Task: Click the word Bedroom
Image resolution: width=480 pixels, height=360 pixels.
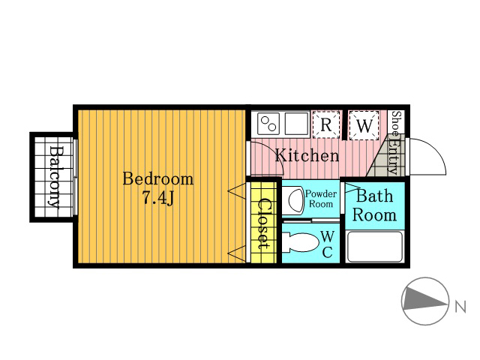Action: pyautogui.click(x=158, y=179)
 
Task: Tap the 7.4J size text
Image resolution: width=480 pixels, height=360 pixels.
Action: pyautogui.click(x=157, y=198)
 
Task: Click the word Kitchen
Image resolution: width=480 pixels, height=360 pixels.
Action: pyautogui.click(x=307, y=155)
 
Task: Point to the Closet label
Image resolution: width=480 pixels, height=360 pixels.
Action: pyautogui.click(x=263, y=223)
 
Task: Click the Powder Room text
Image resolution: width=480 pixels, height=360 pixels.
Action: pyautogui.click(x=321, y=199)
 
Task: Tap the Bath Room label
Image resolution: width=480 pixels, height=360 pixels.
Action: pyautogui.click(x=374, y=205)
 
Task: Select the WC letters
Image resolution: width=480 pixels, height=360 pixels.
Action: pyautogui.click(x=328, y=244)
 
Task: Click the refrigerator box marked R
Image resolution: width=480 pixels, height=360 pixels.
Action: pyautogui.click(x=326, y=125)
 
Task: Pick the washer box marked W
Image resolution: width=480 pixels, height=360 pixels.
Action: pyautogui.click(x=364, y=125)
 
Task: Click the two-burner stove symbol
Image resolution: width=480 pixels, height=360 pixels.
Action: pyautogui.click(x=268, y=124)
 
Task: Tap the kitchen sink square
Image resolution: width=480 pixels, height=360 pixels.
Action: pyautogui.click(x=296, y=124)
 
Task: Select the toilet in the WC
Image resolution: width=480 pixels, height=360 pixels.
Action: pyautogui.click(x=301, y=242)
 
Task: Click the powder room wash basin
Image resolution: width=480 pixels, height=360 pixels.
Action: pyautogui.click(x=293, y=200)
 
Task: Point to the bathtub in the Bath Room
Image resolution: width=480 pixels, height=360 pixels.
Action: pyautogui.click(x=375, y=247)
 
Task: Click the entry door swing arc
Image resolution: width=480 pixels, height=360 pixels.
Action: pyautogui.click(x=436, y=149)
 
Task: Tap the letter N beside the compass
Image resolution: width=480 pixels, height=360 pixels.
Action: pyautogui.click(x=460, y=307)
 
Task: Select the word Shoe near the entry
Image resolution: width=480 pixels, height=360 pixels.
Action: pyautogui.click(x=396, y=123)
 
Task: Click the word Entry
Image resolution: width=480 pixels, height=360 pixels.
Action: pyautogui.click(x=393, y=155)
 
